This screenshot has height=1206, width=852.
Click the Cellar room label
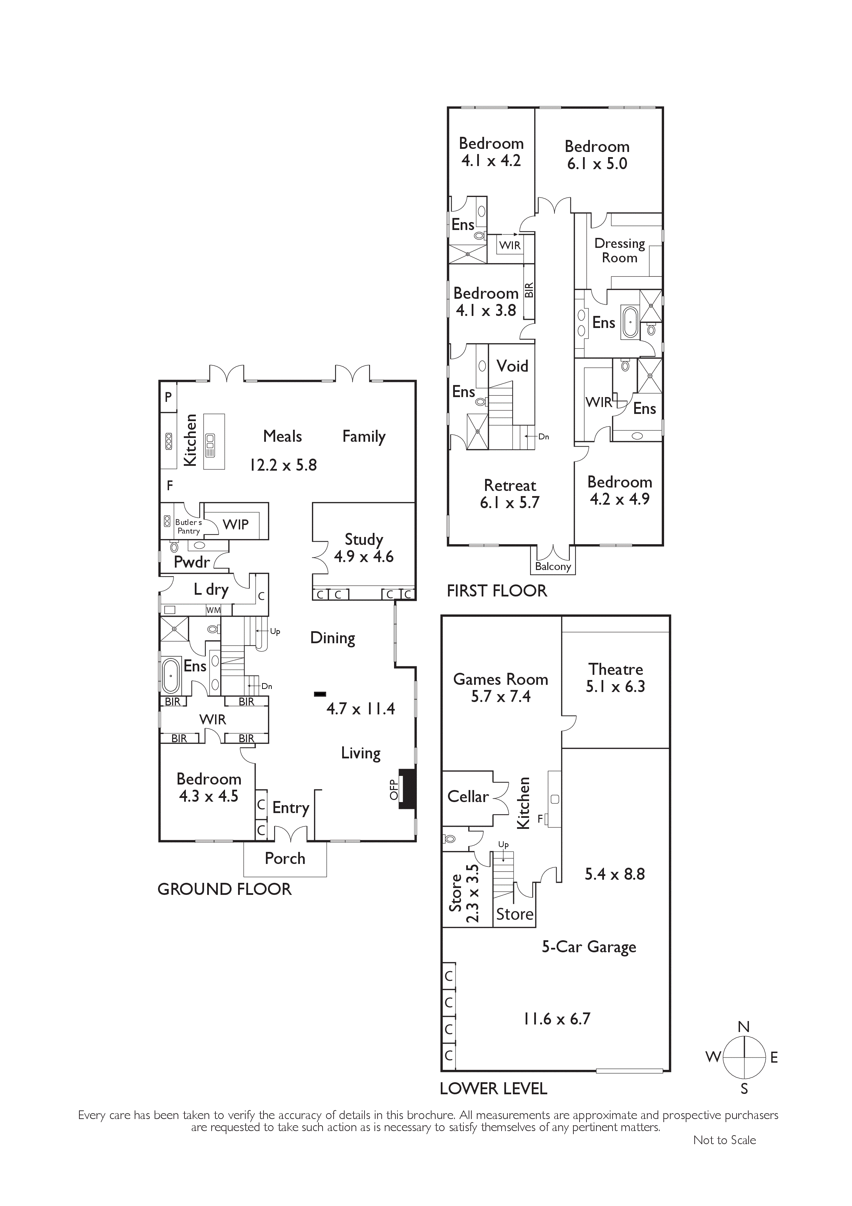[x=468, y=797]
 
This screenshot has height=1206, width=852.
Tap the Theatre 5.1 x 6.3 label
[x=615, y=678]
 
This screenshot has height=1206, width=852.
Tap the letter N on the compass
[x=743, y=1027]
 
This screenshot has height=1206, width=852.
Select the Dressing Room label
[x=619, y=251]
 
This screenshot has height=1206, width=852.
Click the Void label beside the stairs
[x=512, y=366]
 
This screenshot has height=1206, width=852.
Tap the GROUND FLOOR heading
[x=224, y=889]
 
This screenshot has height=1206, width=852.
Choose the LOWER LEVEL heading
[x=493, y=1089]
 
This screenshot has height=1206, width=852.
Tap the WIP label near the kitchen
[x=236, y=524]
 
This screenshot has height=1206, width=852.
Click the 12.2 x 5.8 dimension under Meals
[x=283, y=465]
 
